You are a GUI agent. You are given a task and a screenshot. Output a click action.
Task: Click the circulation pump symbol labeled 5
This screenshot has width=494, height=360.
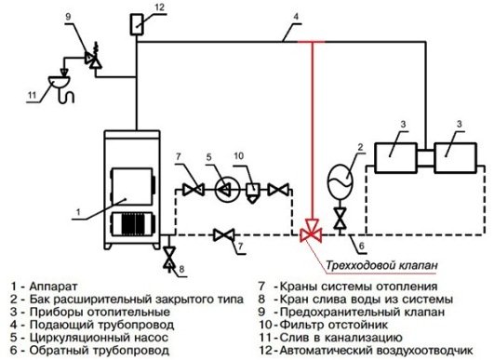click(x=225, y=190)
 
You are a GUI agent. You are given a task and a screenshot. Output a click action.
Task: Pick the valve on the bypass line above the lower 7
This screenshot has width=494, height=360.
click(x=221, y=233)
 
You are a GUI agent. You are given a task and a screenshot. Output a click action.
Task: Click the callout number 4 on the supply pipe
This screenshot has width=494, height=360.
click(x=296, y=16)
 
